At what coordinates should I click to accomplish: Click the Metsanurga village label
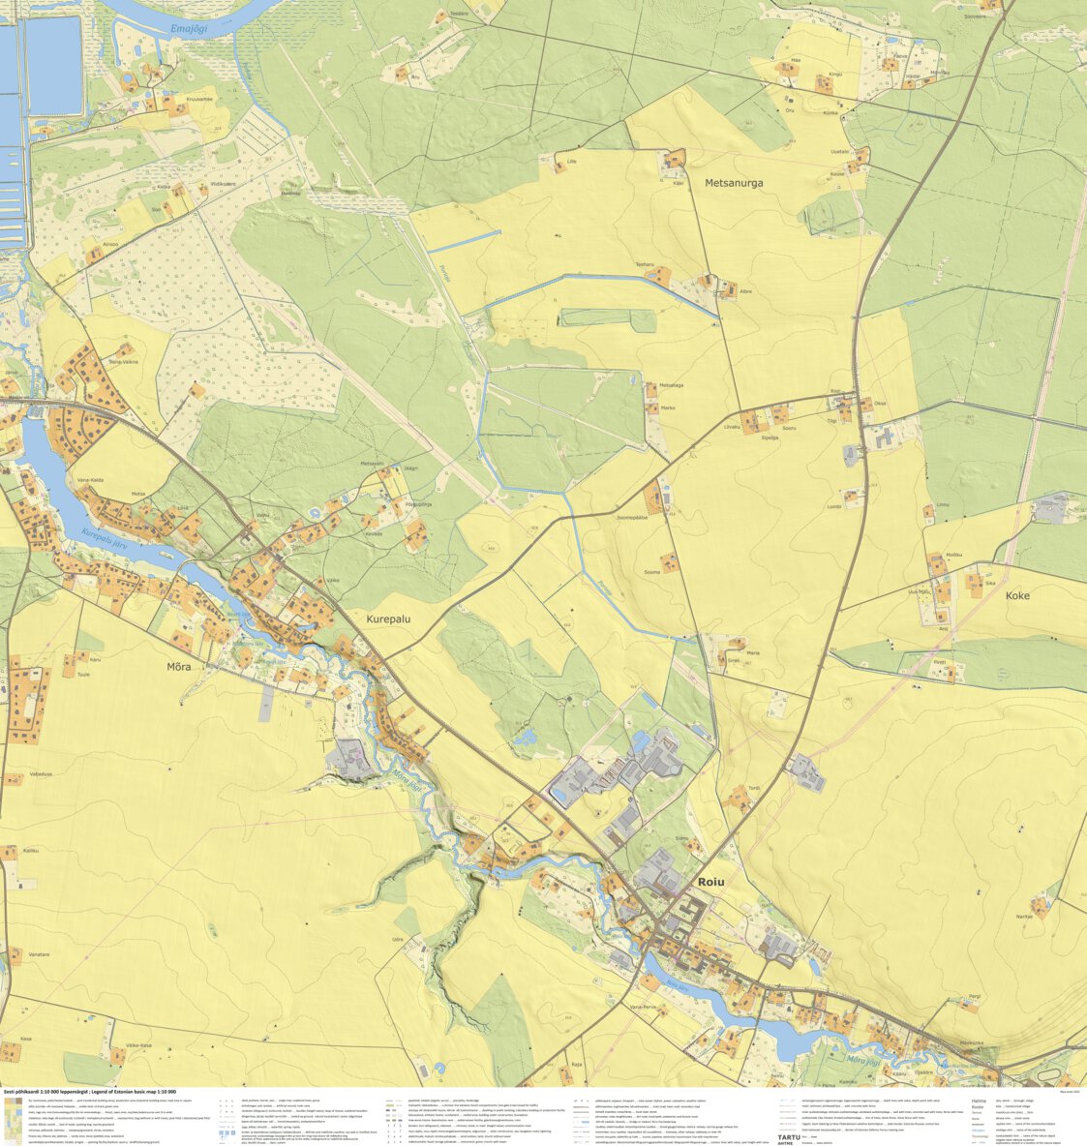pyautogui.click(x=734, y=182)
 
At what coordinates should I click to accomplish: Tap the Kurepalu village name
pyautogui.click(x=393, y=617)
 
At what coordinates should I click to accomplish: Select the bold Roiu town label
pyautogui.click(x=710, y=882)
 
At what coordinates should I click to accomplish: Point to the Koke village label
pyautogui.click(x=1017, y=596)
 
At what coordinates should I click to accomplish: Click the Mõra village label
pyautogui.click(x=179, y=667)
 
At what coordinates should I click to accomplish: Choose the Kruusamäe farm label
pyautogui.click(x=198, y=99)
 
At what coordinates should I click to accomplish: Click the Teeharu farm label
pyautogui.click(x=646, y=263)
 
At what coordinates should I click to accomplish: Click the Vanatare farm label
pyautogui.click(x=39, y=954)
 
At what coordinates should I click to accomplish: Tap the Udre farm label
pyautogui.click(x=397, y=939)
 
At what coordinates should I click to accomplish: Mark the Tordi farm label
pyautogui.click(x=754, y=788)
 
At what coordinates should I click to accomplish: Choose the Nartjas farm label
pyautogui.click(x=1024, y=916)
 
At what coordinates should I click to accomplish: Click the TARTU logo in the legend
pyautogui.click(x=790, y=1126)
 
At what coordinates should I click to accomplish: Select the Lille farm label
pyautogui.click(x=571, y=162)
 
